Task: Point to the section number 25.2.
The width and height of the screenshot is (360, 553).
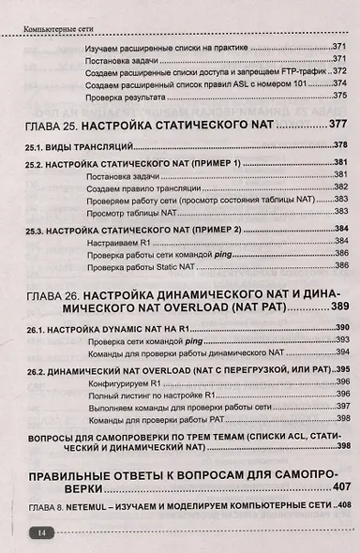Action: click(37, 163)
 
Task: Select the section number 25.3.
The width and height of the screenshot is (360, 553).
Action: click(37, 230)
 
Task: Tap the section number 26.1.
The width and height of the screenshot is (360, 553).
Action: click(37, 328)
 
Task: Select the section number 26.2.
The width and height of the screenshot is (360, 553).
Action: click(37, 371)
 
